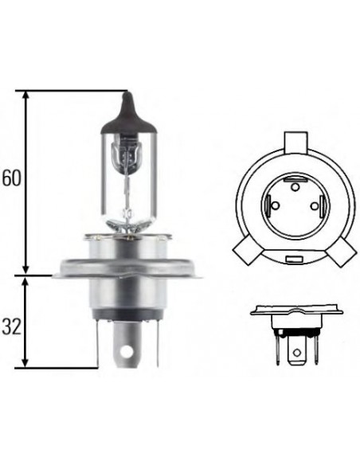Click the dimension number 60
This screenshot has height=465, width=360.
pyautogui.click(x=11, y=178)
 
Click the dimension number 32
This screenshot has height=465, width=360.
pyautogui.click(x=11, y=327)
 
